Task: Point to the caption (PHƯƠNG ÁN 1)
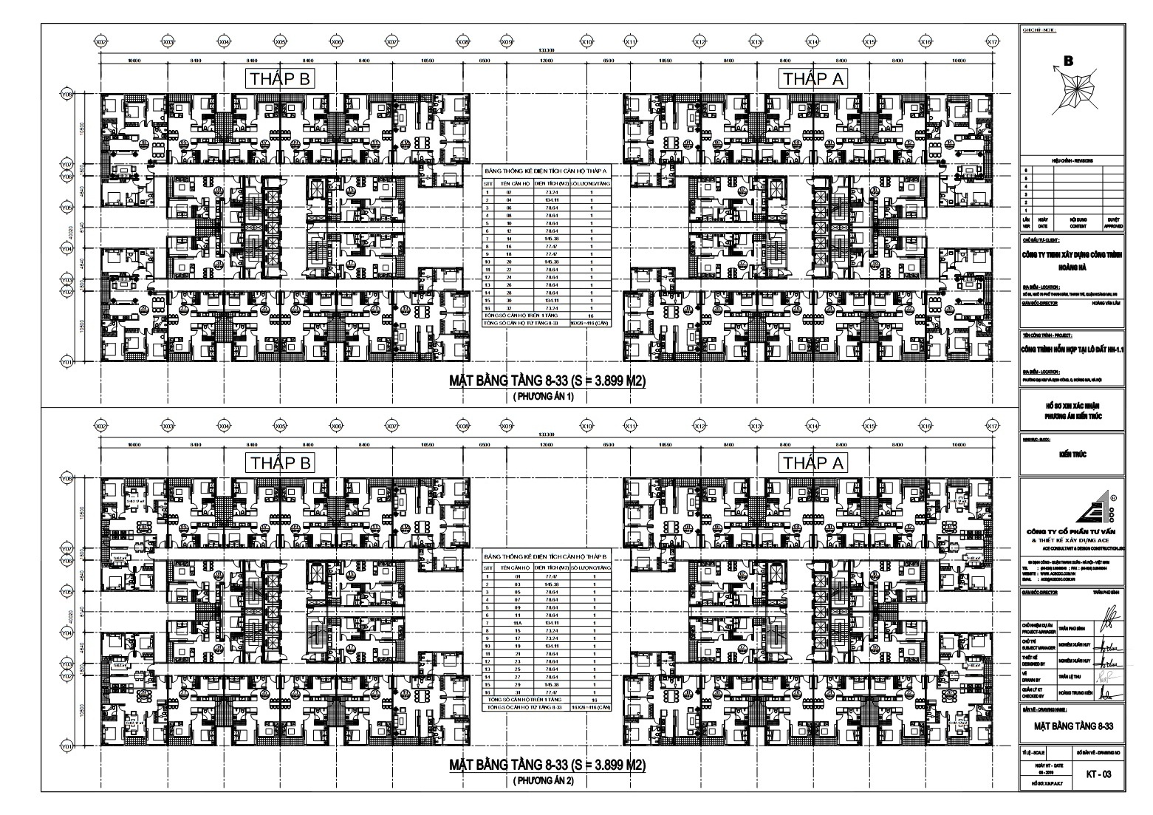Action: coord(544,397)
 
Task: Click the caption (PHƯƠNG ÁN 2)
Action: coord(544,781)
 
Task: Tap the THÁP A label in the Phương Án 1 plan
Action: coord(812,79)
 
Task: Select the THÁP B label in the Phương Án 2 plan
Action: coord(281,463)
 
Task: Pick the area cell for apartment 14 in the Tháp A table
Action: coord(545,239)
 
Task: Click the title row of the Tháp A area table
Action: coord(545,169)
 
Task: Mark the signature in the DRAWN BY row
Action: coord(1106,675)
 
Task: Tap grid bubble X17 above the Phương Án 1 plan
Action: coord(992,43)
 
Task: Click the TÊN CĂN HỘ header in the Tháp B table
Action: coord(507,567)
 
